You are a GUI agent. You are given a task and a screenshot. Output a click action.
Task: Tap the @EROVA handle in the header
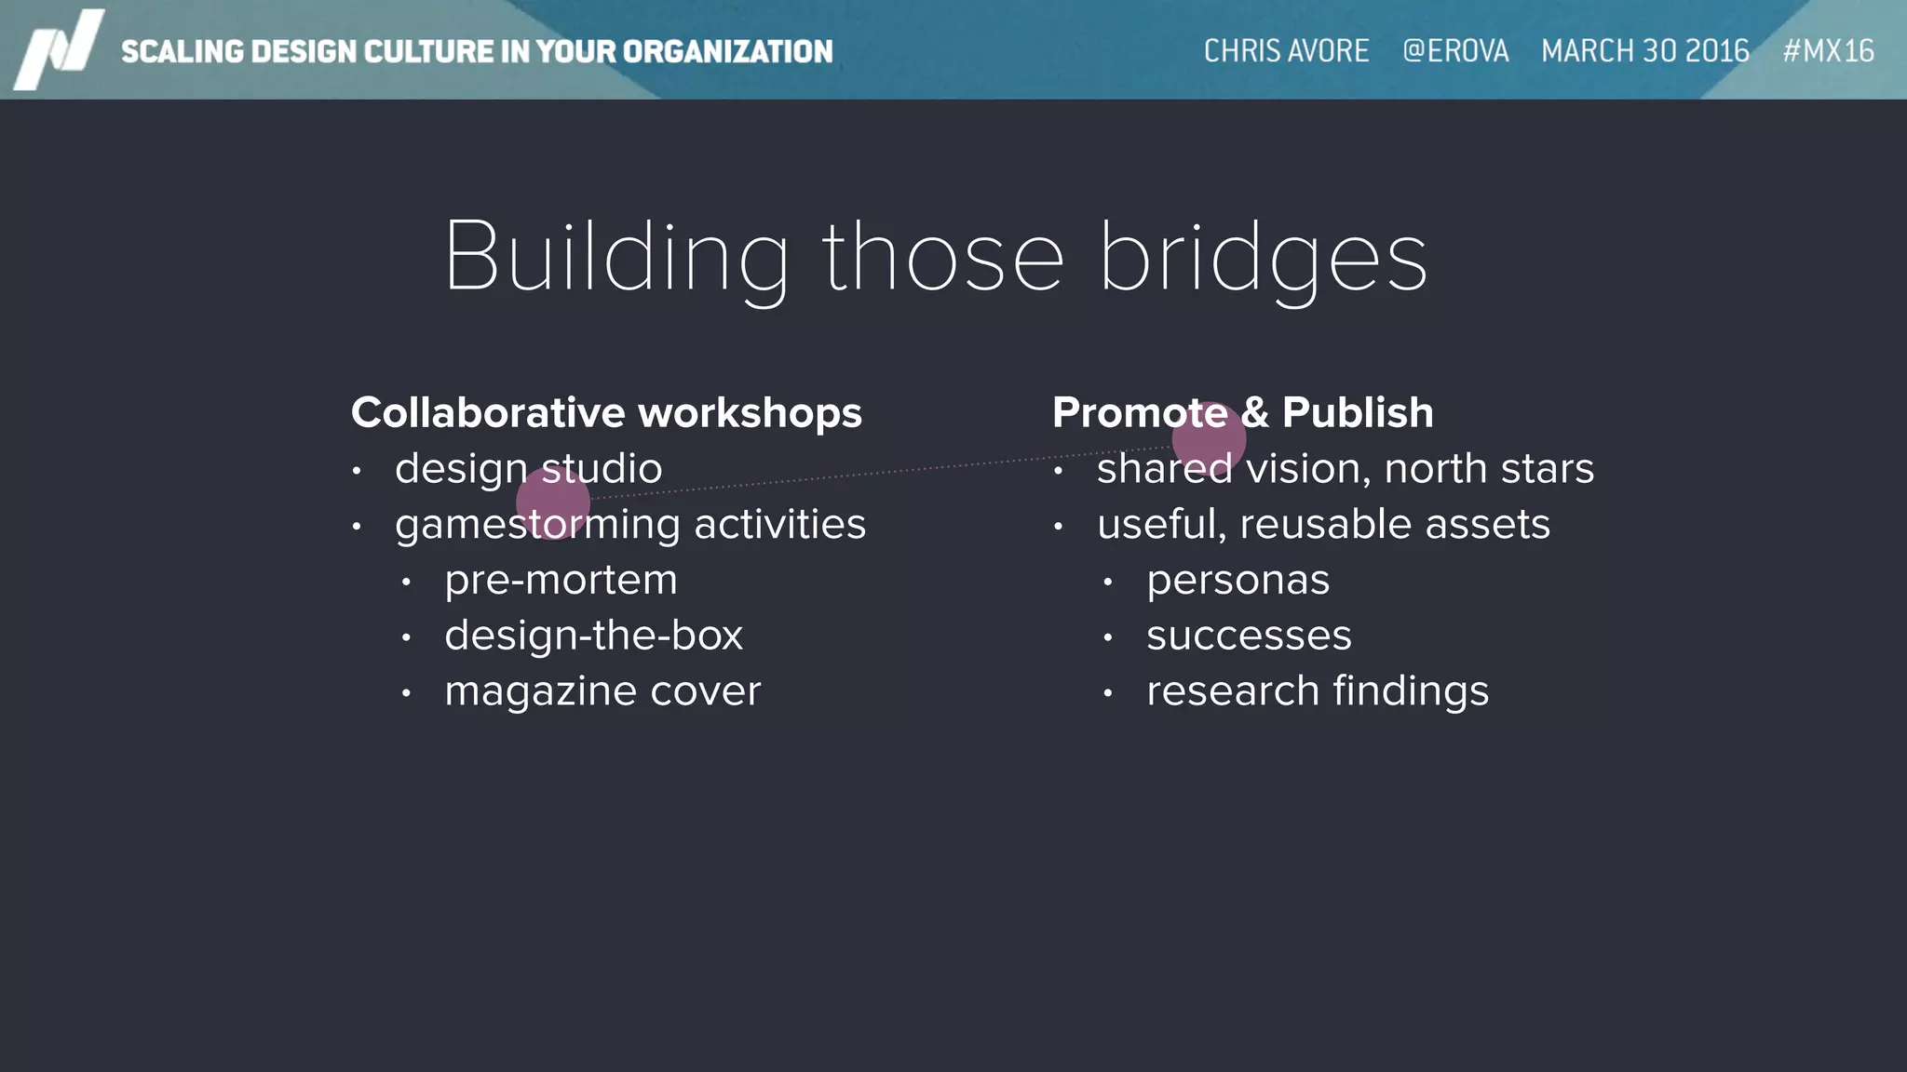[1455, 50]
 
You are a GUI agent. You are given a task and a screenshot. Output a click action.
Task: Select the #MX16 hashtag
[1828, 50]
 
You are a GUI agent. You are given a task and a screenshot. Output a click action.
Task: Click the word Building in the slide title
[615, 258]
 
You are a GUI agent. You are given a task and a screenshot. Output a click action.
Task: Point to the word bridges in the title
[1263, 258]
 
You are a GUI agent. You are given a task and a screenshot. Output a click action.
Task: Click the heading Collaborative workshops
[606, 412]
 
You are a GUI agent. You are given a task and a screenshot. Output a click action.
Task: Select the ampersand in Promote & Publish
[1254, 412]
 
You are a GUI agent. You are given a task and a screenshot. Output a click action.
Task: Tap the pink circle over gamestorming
[553, 502]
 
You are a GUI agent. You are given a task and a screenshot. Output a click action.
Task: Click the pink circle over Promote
[1209, 437]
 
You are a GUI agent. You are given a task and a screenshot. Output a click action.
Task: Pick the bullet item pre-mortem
[561, 580]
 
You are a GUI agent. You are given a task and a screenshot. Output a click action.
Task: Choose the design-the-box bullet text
[593, 636]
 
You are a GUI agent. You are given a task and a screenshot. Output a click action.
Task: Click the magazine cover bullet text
[602, 691]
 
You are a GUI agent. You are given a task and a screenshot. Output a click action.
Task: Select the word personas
[1238, 580]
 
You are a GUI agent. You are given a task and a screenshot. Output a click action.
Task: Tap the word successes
[1249, 636]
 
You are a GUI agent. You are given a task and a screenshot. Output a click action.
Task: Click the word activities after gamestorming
[779, 524]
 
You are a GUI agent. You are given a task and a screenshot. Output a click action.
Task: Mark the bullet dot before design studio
[357, 471]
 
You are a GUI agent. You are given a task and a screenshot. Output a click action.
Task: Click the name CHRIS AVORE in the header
[1286, 50]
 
